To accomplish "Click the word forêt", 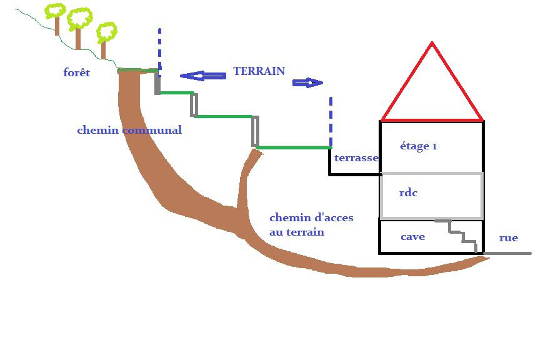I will pyautogui.click(x=77, y=73).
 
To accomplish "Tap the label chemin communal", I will pyautogui.click(x=129, y=131).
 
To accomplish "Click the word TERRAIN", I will pyautogui.click(x=259, y=71).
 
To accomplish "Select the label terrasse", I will pyautogui.click(x=356, y=158).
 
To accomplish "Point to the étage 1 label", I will pyautogui.click(x=418, y=146).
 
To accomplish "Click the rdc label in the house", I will pyautogui.click(x=408, y=193).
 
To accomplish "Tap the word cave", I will pyautogui.click(x=412, y=237).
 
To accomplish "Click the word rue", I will pyautogui.click(x=508, y=238).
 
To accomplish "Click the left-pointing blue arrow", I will pyautogui.click(x=202, y=76).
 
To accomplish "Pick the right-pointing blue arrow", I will pyautogui.click(x=307, y=82).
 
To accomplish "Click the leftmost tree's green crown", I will pyautogui.click(x=56, y=11).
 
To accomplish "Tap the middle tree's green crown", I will pyautogui.click(x=79, y=19).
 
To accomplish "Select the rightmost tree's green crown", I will pyautogui.click(x=106, y=32).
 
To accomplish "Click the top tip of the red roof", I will pyautogui.click(x=431, y=43).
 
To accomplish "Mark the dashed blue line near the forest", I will pyautogui.click(x=159, y=49).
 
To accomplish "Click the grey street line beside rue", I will pyautogui.click(x=507, y=253).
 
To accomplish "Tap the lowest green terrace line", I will pyautogui.click(x=294, y=147).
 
